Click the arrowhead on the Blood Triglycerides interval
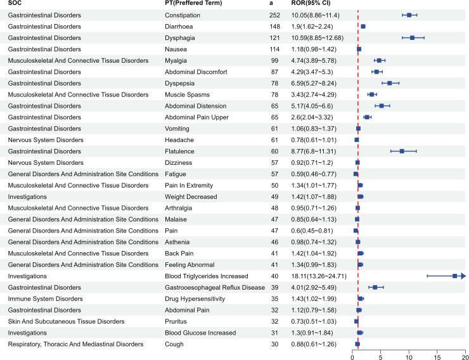tap(463, 276)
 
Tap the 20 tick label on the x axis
tap(465, 356)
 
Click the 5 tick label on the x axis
tap(381, 356)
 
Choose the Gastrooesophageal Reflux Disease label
tap(215, 287)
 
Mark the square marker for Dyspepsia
tap(390, 83)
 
